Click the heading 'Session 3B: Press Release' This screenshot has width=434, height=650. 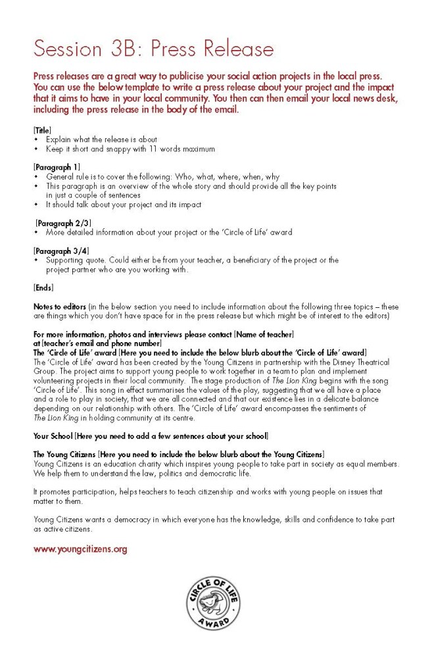tap(153, 48)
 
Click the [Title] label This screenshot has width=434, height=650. tap(42, 130)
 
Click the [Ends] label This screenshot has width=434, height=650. tap(43, 287)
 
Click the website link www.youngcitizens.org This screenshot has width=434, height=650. tap(80, 549)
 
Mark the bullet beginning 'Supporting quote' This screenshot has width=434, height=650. tap(191, 261)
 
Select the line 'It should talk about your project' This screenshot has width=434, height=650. tap(124, 205)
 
